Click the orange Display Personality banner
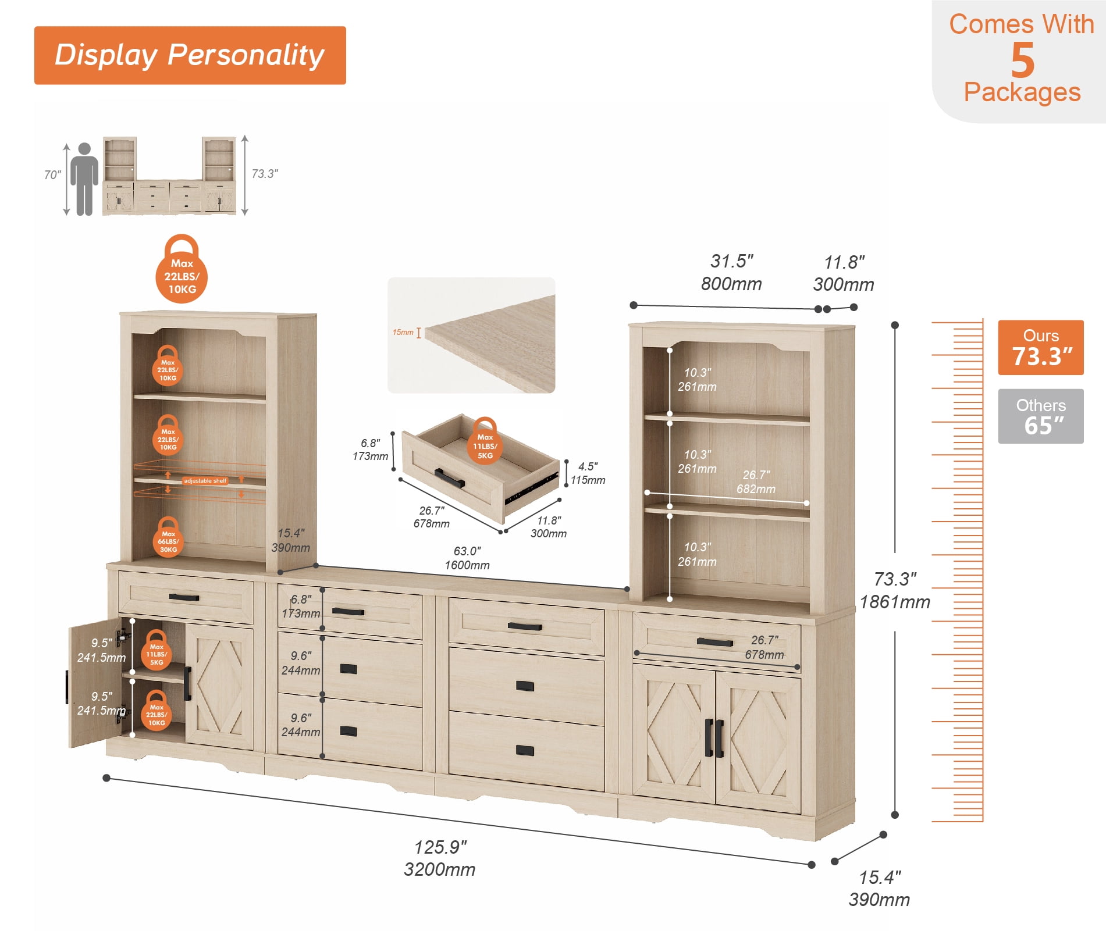190,55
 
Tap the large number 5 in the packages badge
1022,60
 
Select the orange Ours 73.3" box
1041,347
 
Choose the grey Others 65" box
1041,416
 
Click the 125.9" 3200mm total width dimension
440,858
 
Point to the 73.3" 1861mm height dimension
895,590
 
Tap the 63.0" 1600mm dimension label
467,558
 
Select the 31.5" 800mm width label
731,272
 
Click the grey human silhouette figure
84,179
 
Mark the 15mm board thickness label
403,333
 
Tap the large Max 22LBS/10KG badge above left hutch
182,269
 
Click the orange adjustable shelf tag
205,481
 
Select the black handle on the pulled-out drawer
449,478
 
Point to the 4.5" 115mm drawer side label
588,473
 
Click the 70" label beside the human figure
52,175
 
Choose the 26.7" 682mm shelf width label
756,482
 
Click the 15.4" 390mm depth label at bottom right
879,889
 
